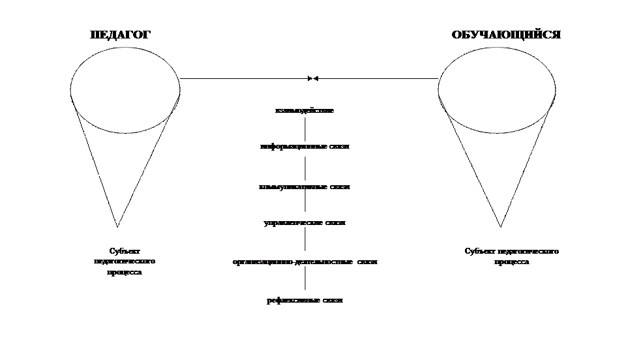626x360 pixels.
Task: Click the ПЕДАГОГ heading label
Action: pos(121,35)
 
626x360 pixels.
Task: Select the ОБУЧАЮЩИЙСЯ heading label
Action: pos(506,35)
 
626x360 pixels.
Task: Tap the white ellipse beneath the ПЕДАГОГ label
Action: pos(125,89)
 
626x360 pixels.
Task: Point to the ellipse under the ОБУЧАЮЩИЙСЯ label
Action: pos(496,89)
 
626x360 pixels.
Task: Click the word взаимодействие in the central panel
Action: pos(305,111)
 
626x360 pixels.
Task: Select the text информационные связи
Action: pos(305,146)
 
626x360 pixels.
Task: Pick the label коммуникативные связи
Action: pos(305,187)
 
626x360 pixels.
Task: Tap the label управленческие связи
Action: pos(305,222)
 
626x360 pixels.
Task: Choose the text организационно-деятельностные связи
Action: pos(305,262)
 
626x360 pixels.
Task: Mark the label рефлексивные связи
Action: pos(305,301)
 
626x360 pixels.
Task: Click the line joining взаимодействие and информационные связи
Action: pos(305,128)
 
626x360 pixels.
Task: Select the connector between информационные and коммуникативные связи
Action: pos(305,166)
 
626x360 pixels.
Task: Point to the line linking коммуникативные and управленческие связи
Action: pos(305,204)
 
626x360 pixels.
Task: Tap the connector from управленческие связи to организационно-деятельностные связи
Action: pos(305,242)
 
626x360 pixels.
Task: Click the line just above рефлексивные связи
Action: pos(305,280)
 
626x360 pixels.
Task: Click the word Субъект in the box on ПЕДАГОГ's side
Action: pos(125,251)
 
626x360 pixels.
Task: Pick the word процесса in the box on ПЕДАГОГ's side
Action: pos(125,272)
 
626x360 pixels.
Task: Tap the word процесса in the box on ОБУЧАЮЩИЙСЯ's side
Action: pos(512,262)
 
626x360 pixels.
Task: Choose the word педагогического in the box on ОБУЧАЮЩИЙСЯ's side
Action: pos(528,251)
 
